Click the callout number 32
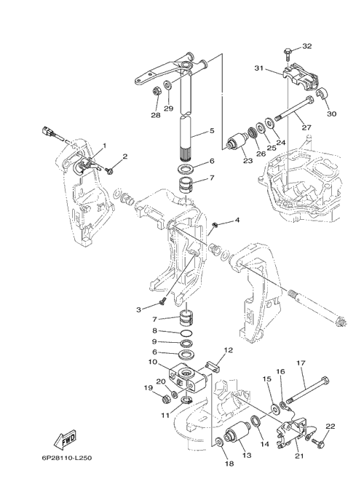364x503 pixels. pyautogui.click(x=307, y=47)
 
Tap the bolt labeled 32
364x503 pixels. pyautogui.click(x=288, y=55)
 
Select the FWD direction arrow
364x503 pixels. pyautogui.click(x=66, y=438)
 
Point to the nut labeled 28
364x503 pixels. pyautogui.click(x=157, y=92)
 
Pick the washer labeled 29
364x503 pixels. pyautogui.click(x=167, y=85)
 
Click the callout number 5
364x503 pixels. pyautogui.click(x=212, y=130)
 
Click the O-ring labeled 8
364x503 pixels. pyautogui.click(x=186, y=333)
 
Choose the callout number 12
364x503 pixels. pyautogui.click(x=229, y=350)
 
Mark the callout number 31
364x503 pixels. pyautogui.click(x=259, y=68)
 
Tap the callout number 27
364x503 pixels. pyautogui.click(x=306, y=127)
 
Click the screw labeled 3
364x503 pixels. pyautogui.click(x=162, y=301)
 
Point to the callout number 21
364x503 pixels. pyautogui.click(x=299, y=456)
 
